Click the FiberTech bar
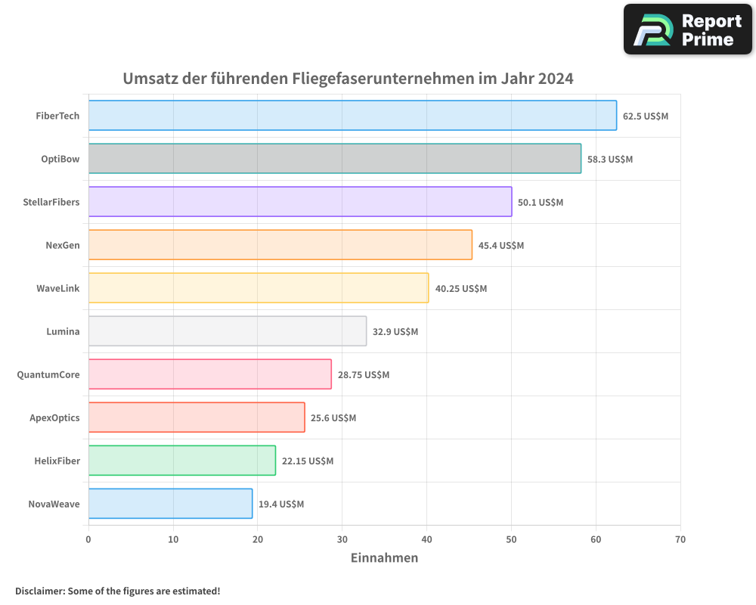pos(352,116)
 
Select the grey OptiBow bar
pos(334,159)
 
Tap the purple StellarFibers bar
pos(300,202)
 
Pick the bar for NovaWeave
pos(170,504)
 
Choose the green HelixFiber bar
pos(181,461)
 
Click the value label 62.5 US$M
pos(646,116)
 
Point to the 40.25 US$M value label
pos(461,289)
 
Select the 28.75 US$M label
pos(364,375)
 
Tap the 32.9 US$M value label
pos(395,332)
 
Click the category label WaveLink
pos(57,289)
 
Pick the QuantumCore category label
pos(48,375)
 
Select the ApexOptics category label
pos(54,418)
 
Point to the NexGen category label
pos(62,246)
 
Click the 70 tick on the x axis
pos(680,540)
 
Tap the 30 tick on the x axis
pos(342,540)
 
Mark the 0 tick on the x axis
pos(88,540)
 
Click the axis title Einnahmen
pos(384,558)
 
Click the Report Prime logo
pos(687,29)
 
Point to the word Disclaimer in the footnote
pos(39,591)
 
